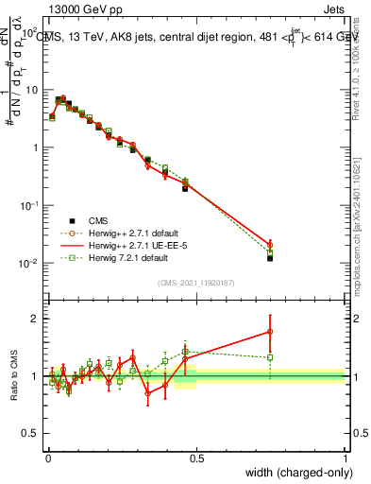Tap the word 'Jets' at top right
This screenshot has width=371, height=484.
tap(333, 9)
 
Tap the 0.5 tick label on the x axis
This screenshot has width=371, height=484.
tap(196, 458)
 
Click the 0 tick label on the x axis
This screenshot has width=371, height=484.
tap(47, 458)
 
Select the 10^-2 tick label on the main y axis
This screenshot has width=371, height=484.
tap(29, 264)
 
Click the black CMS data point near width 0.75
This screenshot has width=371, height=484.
tap(270, 257)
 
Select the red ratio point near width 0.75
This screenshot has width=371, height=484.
tap(270, 332)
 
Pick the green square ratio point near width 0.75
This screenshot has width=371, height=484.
tap(270, 357)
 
